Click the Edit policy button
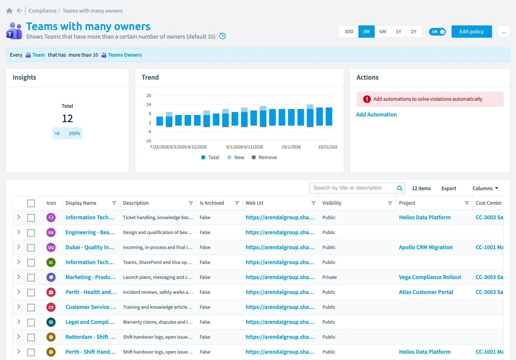471,32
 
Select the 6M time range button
382,32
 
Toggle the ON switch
437,32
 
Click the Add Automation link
376,114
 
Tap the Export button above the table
449,188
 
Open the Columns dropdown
485,188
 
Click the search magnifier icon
400,188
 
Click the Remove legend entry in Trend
264,158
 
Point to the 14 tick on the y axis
149,104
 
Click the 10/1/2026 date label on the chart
291,147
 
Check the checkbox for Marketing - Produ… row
31,277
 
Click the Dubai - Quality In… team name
90,247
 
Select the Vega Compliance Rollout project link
430,277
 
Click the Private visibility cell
329,277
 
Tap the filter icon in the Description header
191,203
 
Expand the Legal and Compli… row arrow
19,322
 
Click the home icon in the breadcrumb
9,11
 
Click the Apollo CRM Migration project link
426,247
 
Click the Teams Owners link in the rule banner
124,55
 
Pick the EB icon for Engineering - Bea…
51,232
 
